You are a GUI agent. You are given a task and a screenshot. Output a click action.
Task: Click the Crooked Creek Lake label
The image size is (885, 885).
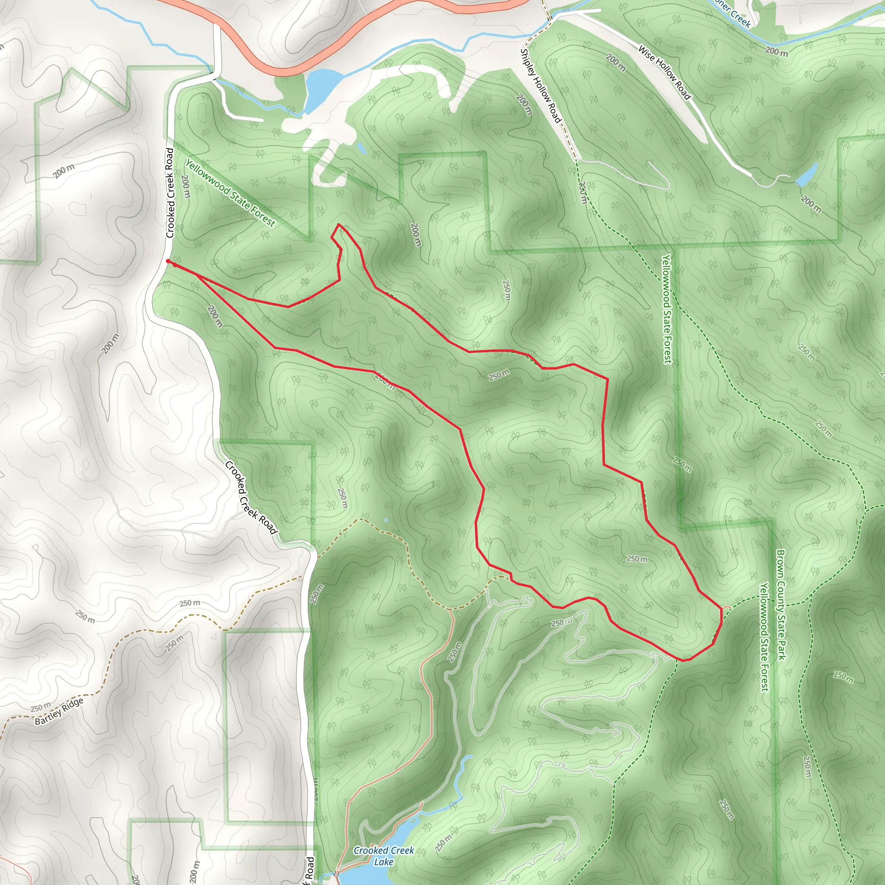click(x=383, y=856)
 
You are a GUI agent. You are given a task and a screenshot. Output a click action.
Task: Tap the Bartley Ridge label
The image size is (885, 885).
click(x=59, y=711)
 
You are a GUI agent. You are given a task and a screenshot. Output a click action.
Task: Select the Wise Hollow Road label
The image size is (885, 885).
click(x=664, y=72)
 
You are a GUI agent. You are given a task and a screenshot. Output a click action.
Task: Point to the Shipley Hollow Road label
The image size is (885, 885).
click(x=541, y=86)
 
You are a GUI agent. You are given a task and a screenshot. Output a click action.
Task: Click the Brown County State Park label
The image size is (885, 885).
click(x=781, y=605)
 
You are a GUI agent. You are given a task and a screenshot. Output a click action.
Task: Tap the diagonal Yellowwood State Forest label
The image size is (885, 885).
click(x=230, y=192)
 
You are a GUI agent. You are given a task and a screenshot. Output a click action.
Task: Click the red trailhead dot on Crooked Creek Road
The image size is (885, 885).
click(x=168, y=261)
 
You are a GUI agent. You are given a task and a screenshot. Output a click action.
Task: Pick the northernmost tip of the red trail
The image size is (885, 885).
click(x=338, y=224)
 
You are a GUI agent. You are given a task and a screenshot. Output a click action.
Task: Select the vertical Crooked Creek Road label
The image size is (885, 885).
click(x=170, y=193)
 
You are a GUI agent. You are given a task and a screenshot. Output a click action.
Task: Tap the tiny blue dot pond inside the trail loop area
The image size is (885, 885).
click(x=386, y=520)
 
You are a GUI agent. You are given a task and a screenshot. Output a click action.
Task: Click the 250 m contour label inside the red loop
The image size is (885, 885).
click(x=637, y=559)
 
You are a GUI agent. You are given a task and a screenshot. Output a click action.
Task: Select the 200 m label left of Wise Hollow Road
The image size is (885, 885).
click(x=615, y=62)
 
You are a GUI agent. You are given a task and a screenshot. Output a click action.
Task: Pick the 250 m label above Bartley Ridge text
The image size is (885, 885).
click(x=40, y=708)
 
